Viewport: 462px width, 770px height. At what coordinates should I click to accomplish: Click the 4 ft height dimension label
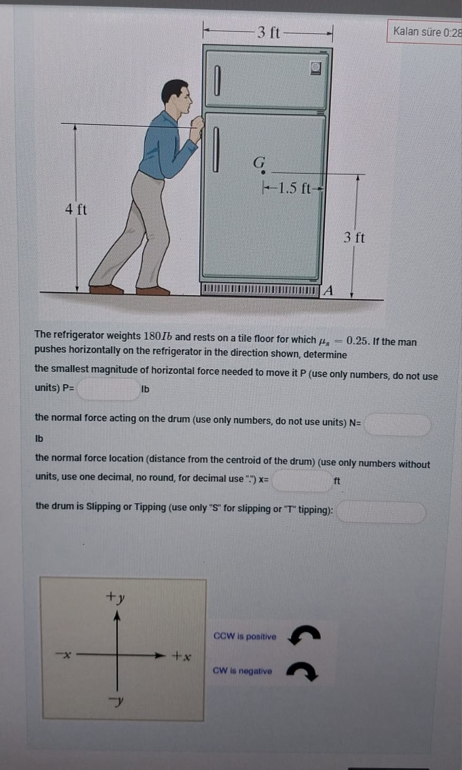(76, 209)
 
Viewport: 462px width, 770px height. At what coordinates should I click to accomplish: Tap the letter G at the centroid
(259, 163)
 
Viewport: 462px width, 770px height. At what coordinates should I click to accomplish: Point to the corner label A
(328, 290)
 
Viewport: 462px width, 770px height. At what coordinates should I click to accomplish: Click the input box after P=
(108, 389)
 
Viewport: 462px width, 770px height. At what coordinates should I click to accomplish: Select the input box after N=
(398, 425)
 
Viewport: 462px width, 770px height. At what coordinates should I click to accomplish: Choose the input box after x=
(302, 480)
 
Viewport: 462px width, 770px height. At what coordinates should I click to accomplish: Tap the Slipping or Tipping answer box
(381, 512)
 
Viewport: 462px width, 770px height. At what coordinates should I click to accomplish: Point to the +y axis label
(115, 597)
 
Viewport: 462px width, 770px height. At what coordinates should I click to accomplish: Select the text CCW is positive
(244, 636)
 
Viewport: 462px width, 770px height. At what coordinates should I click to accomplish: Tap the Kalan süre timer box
(426, 32)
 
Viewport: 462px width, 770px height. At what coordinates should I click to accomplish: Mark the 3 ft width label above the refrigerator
(268, 33)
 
